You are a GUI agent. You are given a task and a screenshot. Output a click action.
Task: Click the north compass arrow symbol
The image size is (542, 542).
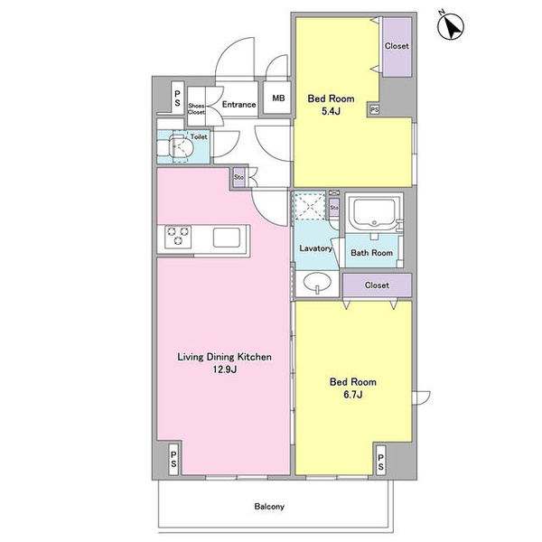click(451, 26)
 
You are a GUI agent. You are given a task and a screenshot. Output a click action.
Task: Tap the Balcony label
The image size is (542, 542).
click(269, 507)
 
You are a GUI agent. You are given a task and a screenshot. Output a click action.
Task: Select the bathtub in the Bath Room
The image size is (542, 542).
click(374, 213)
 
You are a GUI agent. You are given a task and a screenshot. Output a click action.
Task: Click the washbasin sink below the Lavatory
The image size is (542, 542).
click(317, 283)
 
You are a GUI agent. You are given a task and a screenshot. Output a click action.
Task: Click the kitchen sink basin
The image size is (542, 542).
click(227, 237)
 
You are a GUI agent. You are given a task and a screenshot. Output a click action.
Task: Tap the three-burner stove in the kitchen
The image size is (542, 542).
click(178, 236)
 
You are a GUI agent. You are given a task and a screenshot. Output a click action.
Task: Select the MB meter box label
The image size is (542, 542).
click(278, 98)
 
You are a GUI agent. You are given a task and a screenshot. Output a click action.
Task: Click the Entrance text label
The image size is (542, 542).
click(238, 105)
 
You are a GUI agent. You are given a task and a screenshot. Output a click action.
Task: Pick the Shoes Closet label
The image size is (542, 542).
click(196, 109)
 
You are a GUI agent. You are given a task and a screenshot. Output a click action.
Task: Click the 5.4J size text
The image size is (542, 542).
click(331, 111)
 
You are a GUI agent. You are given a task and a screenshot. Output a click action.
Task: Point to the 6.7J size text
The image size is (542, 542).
click(353, 395)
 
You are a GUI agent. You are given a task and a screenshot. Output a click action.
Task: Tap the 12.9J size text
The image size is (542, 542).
click(224, 369)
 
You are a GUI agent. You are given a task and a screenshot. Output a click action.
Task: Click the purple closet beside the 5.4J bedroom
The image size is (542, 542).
click(397, 47)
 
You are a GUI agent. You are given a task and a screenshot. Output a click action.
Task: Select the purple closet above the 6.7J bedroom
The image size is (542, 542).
click(377, 285)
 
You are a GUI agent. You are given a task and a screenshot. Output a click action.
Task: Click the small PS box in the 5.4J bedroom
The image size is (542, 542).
click(374, 110)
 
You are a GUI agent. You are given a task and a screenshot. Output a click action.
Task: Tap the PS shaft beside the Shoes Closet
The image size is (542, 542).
click(177, 98)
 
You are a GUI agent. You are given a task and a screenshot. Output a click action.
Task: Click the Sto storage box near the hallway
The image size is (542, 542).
click(238, 177)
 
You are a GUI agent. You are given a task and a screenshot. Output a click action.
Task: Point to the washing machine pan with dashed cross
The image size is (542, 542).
click(309, 206)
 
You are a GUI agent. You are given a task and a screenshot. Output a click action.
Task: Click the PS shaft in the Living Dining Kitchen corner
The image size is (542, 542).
click(173, 459)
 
